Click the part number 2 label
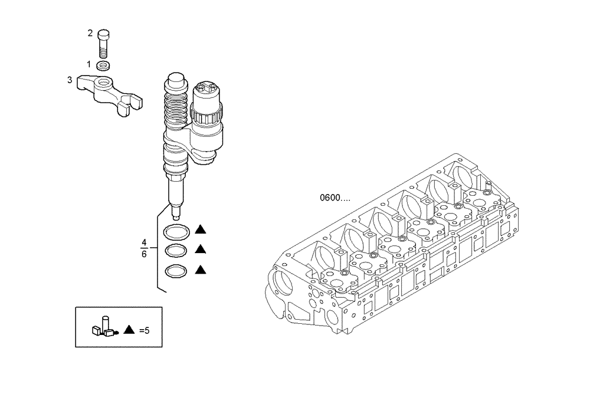click(90, 33)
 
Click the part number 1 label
click(89, 64)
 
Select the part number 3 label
click(69, 80)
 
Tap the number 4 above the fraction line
click(144, 242)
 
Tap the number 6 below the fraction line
click(144, 255)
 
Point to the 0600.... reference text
click(339, 198)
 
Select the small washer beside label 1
click(104, 64)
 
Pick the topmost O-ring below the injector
click(176, 231)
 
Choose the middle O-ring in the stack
click(176, 250)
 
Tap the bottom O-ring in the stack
click(176, 271)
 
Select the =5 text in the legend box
click(144, 330)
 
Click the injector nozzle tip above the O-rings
click(175, 209)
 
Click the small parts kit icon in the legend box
click(103, 327)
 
